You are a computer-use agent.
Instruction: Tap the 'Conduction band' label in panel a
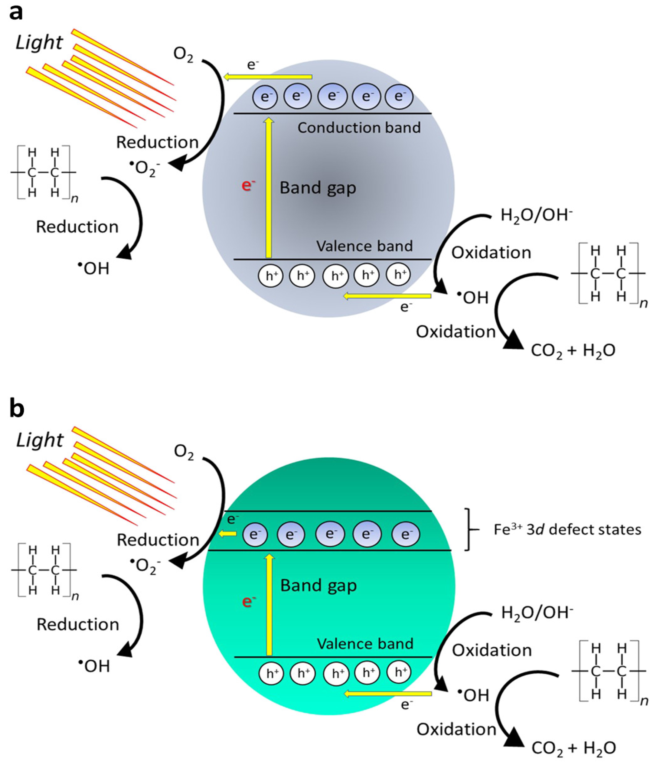[359, 128]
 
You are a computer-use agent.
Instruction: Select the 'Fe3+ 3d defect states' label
[567, 529]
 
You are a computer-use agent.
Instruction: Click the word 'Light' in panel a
[39, 42]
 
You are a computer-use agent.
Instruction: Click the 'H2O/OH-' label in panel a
[537, 215]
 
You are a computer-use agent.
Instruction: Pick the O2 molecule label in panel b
[184, 453]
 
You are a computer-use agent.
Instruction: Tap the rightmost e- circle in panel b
[406, 534]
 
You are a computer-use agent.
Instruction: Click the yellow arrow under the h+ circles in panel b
[388, 694]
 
